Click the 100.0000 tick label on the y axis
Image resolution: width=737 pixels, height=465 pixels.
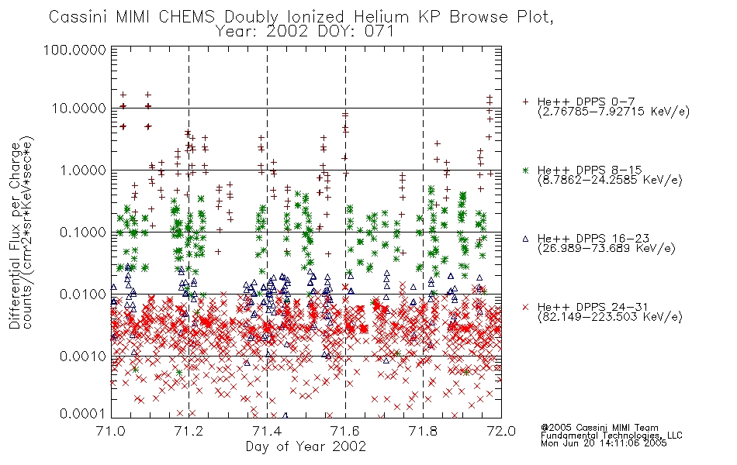tap(74, 50)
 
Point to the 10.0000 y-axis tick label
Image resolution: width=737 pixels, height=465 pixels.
tap(78, 108)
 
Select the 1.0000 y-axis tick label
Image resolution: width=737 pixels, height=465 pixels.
tap(82, 170)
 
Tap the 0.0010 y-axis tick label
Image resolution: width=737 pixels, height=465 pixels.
tap(82, 356)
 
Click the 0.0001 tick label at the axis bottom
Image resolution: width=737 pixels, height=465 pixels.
tap(82, 413)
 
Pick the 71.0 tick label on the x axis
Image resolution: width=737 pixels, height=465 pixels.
tap(111, 431)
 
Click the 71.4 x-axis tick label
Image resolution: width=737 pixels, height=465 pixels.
tap(267, 431)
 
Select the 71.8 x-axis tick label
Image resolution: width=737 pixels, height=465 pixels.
tap(423, 431)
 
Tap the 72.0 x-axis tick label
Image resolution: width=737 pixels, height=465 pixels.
tap(501, 431)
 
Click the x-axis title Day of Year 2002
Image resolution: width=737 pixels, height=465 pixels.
tap(306, 446)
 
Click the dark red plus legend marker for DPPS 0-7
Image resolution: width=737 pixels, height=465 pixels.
tap(526, 102)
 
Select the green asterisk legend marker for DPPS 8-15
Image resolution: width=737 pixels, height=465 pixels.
tap(526, 170)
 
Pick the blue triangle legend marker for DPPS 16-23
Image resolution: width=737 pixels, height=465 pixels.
tap(526, 239)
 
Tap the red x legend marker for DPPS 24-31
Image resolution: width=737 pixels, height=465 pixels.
tap(526, 307)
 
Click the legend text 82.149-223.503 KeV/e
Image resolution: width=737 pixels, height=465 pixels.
tap(610, 317)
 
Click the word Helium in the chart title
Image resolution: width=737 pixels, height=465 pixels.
tap(381, 17)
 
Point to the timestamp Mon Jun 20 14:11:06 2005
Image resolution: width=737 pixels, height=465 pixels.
tap(604, 443)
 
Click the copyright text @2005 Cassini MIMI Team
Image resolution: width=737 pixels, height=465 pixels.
tap(599, 428)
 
